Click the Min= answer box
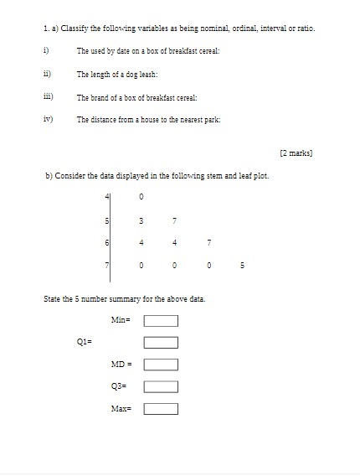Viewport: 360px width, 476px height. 161,319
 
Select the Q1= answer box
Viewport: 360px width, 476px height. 161,342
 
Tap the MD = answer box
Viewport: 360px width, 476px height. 161,365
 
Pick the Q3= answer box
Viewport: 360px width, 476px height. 161,386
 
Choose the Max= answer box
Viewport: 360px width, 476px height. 161,409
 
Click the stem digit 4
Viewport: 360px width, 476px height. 106,197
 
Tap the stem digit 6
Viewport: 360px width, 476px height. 106,244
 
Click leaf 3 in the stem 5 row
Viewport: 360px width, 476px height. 142,221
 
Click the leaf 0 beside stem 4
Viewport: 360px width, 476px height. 142,197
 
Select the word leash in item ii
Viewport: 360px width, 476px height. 147,75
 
